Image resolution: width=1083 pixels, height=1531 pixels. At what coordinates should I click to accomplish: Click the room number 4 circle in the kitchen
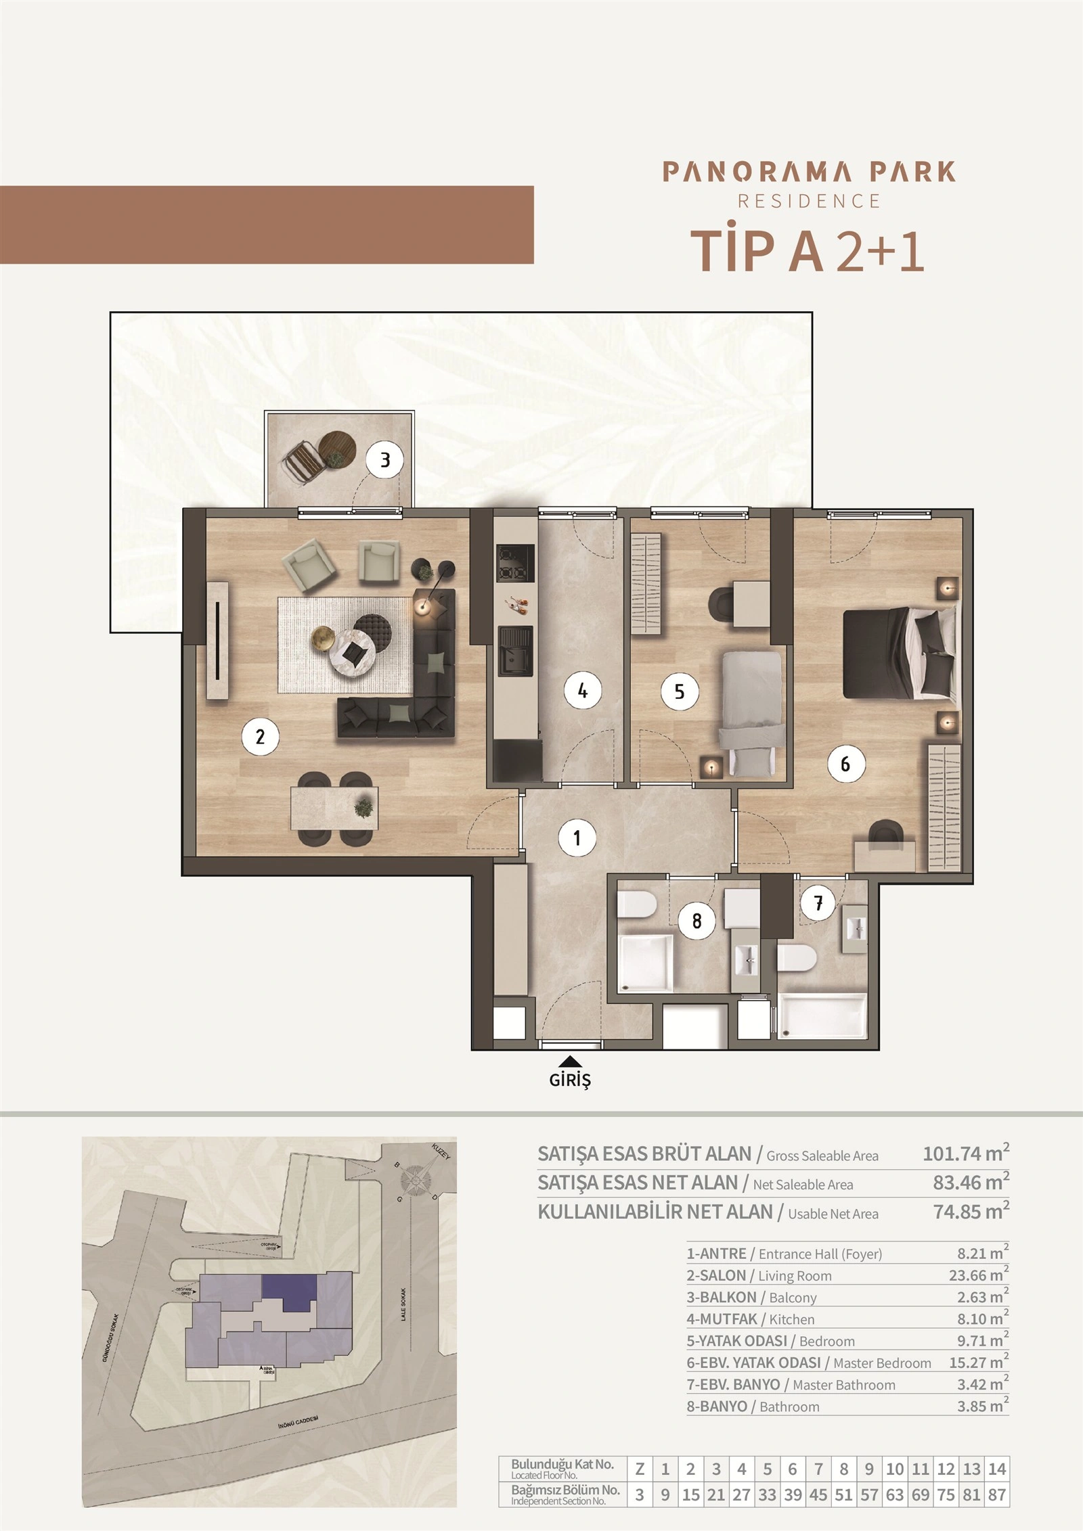tap(582, 691)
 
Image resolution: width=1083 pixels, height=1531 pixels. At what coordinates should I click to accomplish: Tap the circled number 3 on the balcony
tap(385, 460)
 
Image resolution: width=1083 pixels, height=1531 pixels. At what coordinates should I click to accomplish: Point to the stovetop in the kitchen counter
tap(515, 564)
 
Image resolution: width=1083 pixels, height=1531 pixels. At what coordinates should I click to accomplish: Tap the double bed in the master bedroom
tap(900, 653)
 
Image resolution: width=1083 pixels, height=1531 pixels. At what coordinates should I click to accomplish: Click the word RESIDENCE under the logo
tap(809, 201)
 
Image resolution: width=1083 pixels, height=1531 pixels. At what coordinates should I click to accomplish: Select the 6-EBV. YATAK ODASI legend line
tap(809, 1363)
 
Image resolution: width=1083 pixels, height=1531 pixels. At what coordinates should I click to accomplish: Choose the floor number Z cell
tap(640, 1488)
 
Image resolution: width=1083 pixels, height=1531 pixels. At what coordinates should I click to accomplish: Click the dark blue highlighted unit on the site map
tap(289, 1292)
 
